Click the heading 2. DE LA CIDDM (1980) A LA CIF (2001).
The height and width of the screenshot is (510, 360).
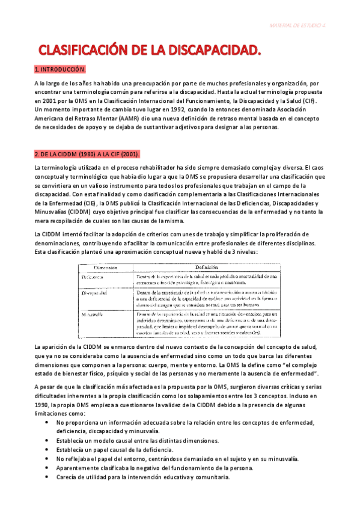87,155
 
